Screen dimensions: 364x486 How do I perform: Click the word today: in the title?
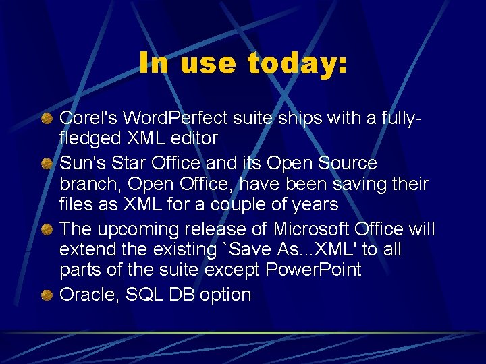pos(297,64)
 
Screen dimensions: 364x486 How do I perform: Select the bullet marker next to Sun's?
pos(47,164)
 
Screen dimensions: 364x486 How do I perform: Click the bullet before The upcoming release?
pos(47,230)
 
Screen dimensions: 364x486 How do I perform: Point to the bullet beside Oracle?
pos(47,295)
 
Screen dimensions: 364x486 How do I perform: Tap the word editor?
pos(196,139)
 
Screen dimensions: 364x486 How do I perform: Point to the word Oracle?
pos(86,295)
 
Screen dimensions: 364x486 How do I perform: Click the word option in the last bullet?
pos(225,295)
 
